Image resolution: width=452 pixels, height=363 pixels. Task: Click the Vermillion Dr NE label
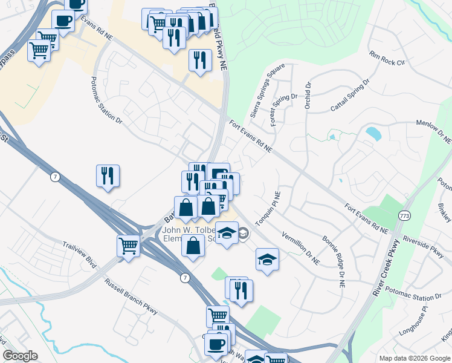tap(300, 247)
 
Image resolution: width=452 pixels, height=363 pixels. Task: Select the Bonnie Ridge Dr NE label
tap(333, 258)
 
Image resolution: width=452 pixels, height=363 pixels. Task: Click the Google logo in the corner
tap(21, 356)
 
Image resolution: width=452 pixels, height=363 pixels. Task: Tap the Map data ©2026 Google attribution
tap(414, 358)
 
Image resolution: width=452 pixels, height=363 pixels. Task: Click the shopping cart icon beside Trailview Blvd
tap(128, 246)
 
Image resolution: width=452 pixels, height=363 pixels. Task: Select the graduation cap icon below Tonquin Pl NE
tap(267, 259)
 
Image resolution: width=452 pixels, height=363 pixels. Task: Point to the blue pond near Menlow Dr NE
tap(373, 133)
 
